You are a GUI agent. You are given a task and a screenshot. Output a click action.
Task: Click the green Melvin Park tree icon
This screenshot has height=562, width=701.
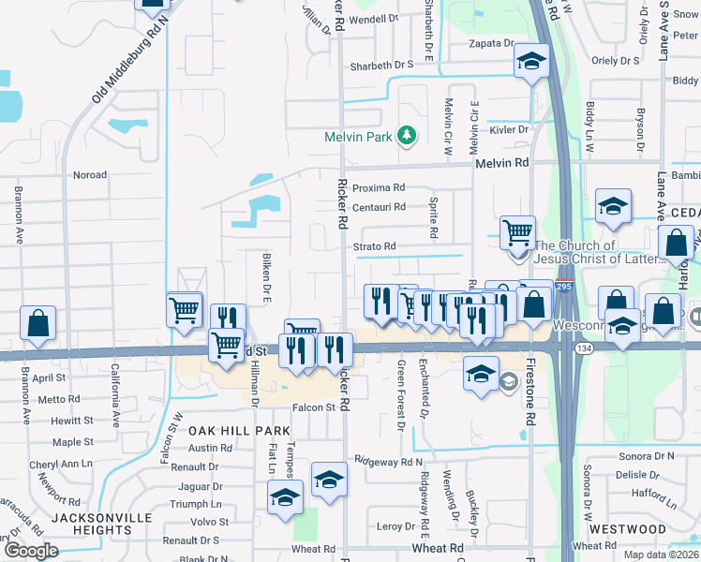pos(407,136)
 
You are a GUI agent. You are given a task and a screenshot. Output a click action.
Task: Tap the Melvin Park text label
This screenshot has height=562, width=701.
pos(358,137)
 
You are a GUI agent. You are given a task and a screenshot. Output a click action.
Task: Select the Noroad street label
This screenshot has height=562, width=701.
pos(90,175)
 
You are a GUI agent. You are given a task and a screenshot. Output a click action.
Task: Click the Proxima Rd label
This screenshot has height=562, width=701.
pos(379,187)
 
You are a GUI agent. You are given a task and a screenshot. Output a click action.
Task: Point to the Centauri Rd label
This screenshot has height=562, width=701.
pos(379,207)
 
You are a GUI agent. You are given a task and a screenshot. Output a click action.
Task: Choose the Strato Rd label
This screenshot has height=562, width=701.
pos(375,246)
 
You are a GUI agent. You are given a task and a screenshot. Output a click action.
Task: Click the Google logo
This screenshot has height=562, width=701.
pos(31,551)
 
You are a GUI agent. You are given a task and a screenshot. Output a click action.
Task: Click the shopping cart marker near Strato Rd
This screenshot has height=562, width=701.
pos(516,231)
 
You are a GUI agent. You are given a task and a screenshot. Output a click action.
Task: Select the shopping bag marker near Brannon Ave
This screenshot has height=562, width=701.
pos(37,323)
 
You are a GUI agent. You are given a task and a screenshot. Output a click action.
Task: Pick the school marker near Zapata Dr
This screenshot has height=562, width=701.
pos(531,63)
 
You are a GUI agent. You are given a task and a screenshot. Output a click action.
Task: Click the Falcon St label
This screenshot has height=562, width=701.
pos(313,407)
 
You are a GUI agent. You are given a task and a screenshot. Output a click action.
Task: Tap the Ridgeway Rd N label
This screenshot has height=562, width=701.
pos(388,463)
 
